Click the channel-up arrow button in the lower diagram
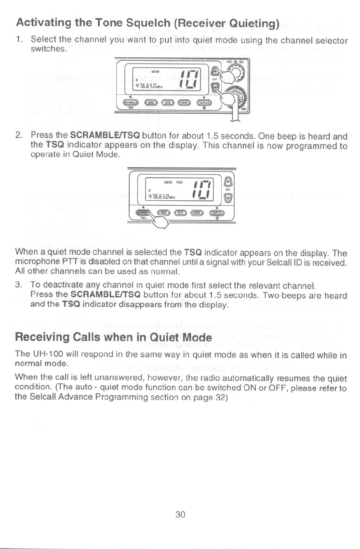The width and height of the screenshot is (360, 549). click(228, 181)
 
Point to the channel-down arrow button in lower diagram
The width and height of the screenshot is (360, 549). click(228, 196)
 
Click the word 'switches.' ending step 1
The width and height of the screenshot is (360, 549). click(46, 49)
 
